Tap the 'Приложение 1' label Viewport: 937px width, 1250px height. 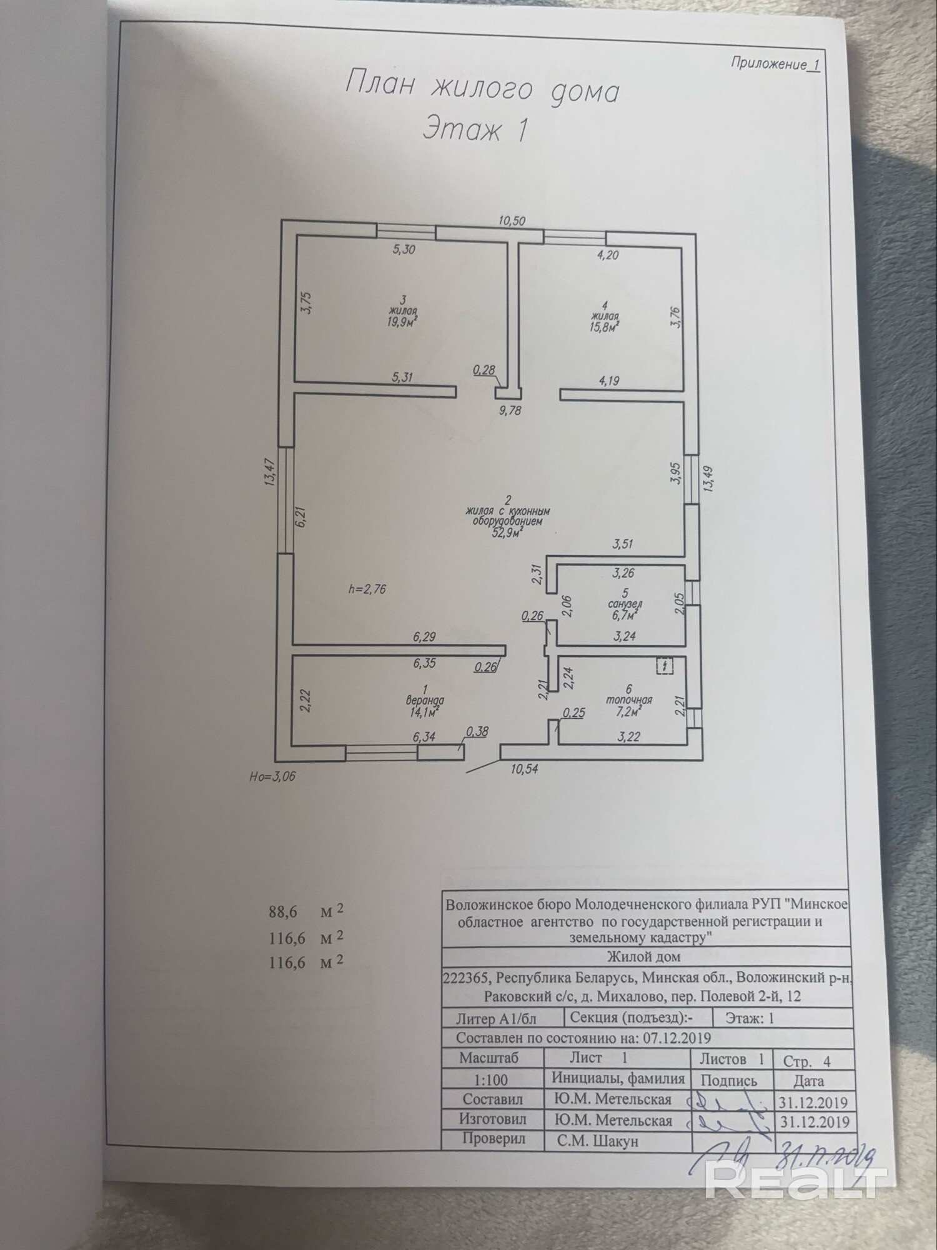774,64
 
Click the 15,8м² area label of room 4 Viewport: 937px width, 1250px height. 603,326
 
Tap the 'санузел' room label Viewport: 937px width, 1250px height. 625,604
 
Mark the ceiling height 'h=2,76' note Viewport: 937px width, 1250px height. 367,589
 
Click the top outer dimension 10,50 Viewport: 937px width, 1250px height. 512,221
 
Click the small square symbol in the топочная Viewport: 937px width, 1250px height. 665,666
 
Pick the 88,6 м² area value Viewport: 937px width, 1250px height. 284,911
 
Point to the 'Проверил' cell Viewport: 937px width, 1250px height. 493,1139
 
